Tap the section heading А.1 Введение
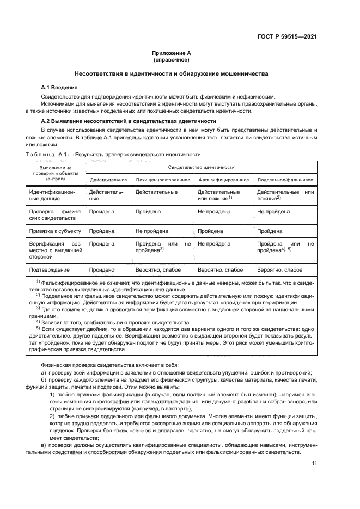pos(59,87)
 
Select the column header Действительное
pos(108,179)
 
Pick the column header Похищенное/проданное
pos(162,179)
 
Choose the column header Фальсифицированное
pos(224,179)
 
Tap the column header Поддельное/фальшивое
pos(284,179)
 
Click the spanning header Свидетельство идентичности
pos(201,167)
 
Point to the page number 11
pos(314,463)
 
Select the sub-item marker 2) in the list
pos(52,415)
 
